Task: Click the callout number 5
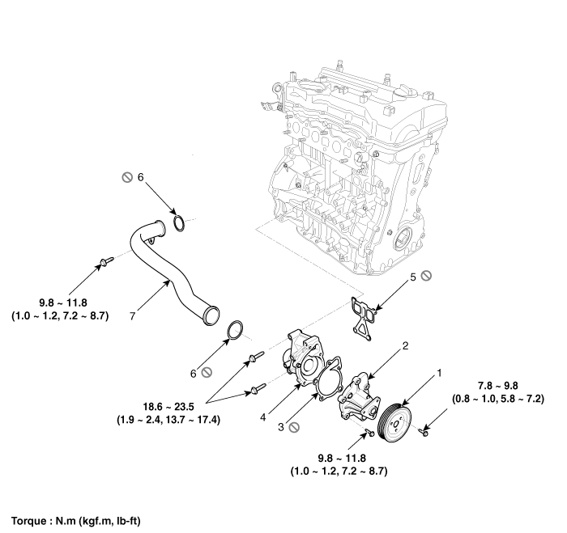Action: (x=412, y=277)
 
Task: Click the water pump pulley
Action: (x=397, y=412)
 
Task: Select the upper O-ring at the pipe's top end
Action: (x=181, y=222)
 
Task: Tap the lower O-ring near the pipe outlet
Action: (x=235, y=332)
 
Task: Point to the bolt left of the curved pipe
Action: (x=104, y=261)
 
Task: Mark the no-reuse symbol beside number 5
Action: (x=426, y=277)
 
